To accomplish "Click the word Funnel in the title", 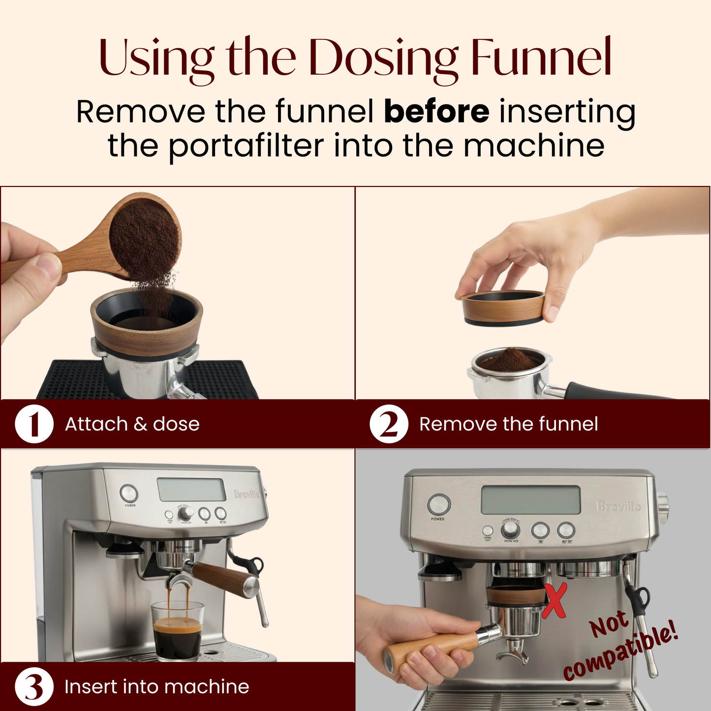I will point(541,58).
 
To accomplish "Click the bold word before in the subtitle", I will point(436,112).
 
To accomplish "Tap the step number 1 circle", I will point(34,424).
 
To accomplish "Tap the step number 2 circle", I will point(389,424).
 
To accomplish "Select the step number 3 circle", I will point(34,686).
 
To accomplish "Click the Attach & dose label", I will point(132,424).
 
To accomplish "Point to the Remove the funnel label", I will point(508,424).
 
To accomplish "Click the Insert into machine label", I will point(156,686).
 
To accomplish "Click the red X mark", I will point(555,601).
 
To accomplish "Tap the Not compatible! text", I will point(620,645).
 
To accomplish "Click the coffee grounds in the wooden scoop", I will point(144,239).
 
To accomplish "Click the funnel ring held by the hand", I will point(503,308).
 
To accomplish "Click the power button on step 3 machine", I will point(129,493).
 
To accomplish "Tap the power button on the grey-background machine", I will point(438,505).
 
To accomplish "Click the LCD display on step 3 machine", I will point(191,489).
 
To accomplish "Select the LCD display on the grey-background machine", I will point(531,500).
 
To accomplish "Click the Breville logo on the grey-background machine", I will point(618,506).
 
